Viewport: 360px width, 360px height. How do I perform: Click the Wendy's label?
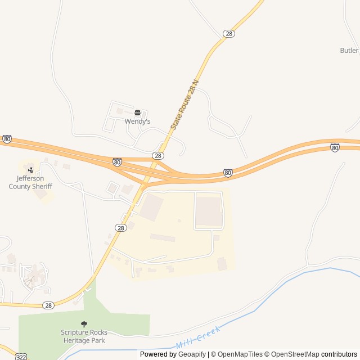(x=137, y=121)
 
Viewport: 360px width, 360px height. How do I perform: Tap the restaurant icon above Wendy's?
(x=137, y=112)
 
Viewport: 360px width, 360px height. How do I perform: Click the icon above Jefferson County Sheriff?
(x=30, y=169)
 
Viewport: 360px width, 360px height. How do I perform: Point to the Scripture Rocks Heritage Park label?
(x=84, y=336)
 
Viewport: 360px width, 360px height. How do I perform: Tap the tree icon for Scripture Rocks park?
(x=84, y=324)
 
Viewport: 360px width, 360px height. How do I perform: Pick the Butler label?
(x=349, y=50)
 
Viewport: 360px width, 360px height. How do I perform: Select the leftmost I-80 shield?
(x=7, y=138)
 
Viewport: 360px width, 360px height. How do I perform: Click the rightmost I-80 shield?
(x=335, y=147)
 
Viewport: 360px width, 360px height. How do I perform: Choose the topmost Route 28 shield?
(x=228, y=34)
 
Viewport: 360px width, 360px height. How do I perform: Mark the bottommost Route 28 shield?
(x=49, y=305)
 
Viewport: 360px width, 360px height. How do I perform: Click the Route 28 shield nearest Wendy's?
(x=158, y=155)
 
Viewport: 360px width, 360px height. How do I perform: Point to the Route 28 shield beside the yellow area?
(x=121, y=227)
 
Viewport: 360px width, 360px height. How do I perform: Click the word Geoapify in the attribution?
(x=192, y=354)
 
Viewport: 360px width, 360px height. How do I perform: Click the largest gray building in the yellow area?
(x=209, y=212)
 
